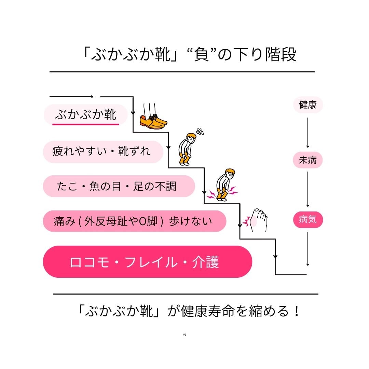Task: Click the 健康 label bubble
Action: [308, 105]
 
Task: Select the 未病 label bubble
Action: [307, 160]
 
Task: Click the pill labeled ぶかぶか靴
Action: [85, 115]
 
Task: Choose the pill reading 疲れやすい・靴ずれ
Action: [102, 151]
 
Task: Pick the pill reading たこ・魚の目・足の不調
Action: [118, 187]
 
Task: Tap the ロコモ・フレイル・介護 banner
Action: [147, 262]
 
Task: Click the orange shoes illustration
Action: [153, 119]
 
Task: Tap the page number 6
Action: [184, 334]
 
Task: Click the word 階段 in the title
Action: [281, 54]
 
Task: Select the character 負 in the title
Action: [205, 54]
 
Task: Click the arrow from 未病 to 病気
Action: [307, 189]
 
